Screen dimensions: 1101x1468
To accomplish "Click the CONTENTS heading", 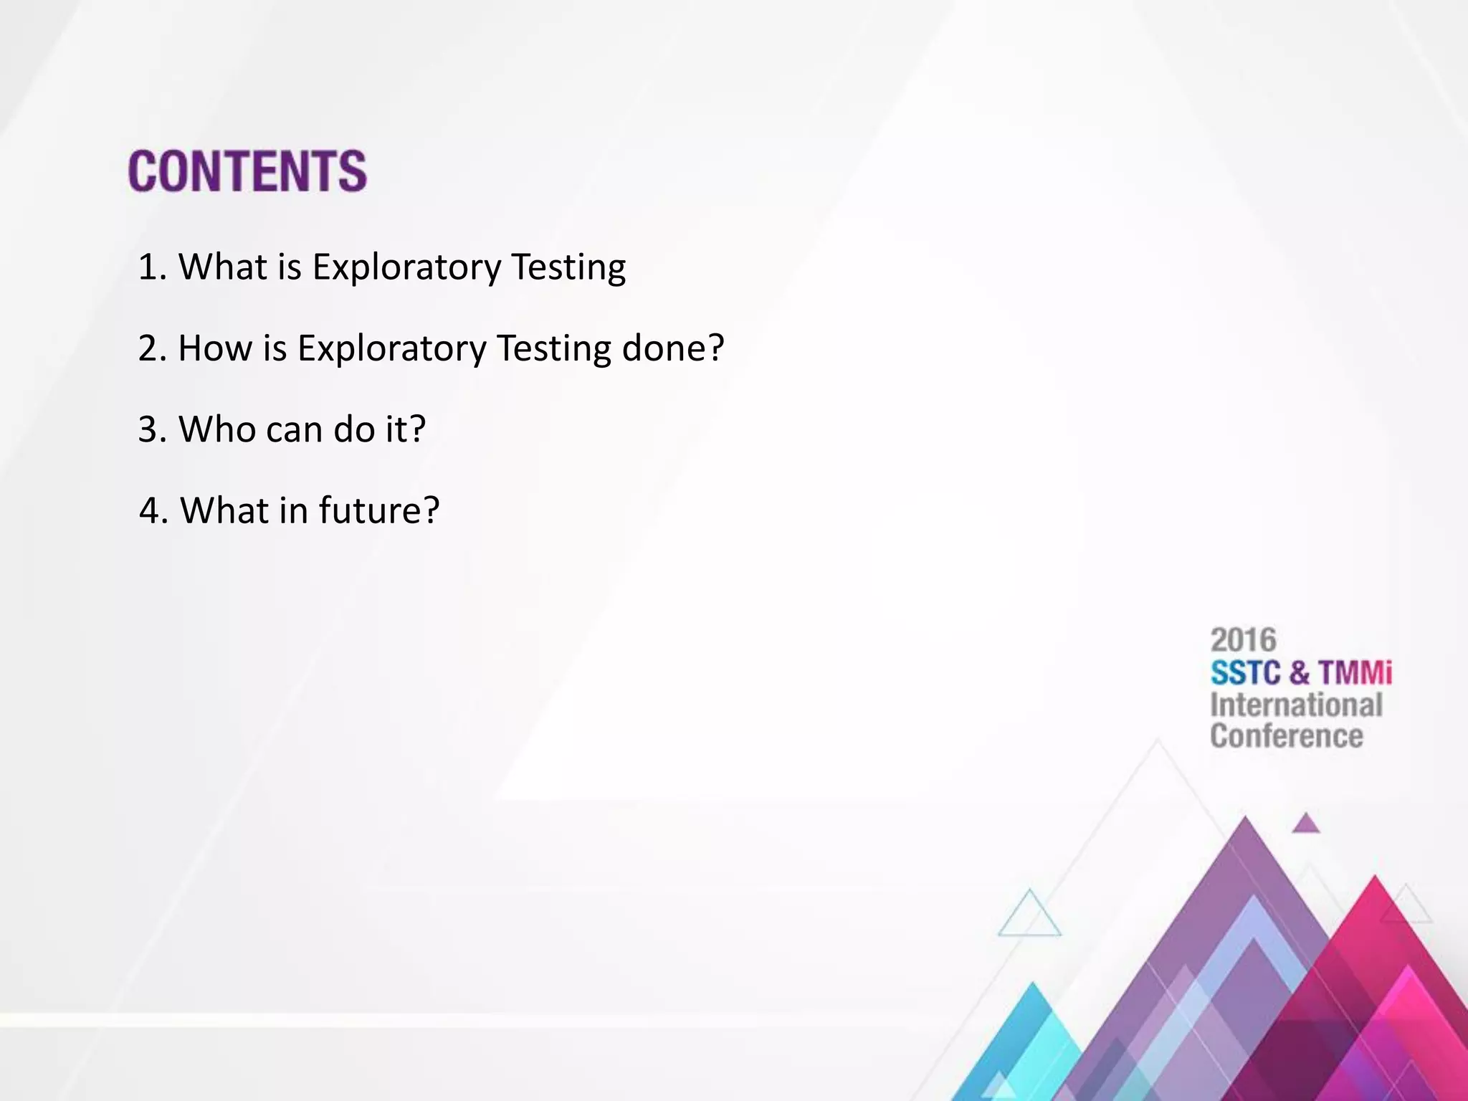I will [247, 171].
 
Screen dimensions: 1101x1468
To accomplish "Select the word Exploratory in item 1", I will [406, 267].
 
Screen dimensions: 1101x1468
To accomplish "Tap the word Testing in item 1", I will [568, 267].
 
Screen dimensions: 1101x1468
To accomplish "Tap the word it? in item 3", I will [406, 429].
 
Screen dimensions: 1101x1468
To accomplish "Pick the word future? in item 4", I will [378, 510].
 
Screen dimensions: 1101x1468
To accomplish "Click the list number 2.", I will [151, 348].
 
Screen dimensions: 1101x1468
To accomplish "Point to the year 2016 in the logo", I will [1243, 639].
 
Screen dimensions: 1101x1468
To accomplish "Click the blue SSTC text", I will [1245, 672].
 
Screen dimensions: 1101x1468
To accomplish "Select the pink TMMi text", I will [1355, 672].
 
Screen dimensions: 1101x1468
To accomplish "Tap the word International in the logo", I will [1296, 705].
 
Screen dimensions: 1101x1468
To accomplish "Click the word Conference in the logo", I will [1287, 736].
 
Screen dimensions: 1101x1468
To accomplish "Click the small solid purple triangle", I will [1305, 824].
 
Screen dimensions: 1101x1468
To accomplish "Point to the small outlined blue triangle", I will [1029, 916].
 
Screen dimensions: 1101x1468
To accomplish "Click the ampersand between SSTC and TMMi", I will [1299, 672].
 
